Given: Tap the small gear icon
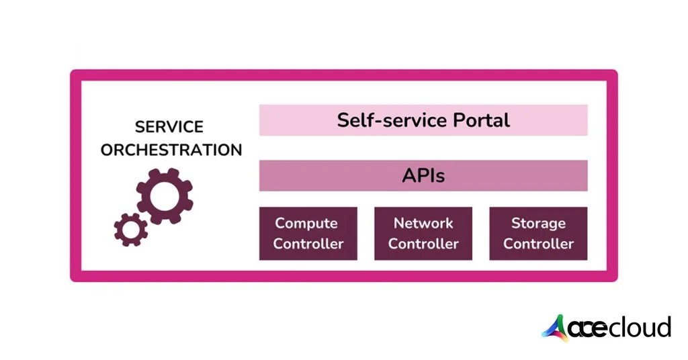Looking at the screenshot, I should (x=130, y=229).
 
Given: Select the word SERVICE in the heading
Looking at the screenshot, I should (x=169, y=127).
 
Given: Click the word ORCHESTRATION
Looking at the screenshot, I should (x=171, y=149).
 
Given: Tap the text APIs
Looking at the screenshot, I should (x=423, y=176).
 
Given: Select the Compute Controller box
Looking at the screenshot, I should (x=308, y=233).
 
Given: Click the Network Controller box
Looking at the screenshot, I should (x=423, y=233).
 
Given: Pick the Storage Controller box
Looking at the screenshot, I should (x=538, y=233).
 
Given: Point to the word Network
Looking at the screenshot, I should (x=423, y=223).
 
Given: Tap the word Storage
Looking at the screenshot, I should (x=538, y=223).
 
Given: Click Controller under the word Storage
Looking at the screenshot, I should (x=538, y=243).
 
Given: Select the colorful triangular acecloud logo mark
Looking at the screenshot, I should (x=556, y=328).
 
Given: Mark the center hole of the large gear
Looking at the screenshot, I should (x=165, y=195).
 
